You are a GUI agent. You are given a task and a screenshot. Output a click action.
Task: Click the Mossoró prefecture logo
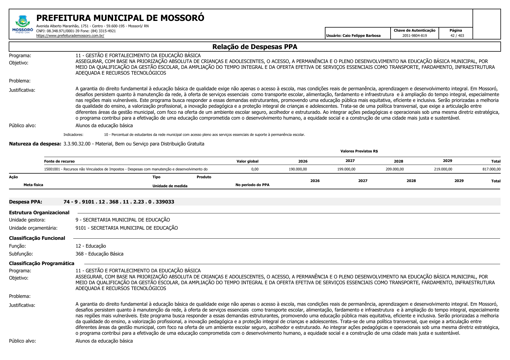(x=23, y=24)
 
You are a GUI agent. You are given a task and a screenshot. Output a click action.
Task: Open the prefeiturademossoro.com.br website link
(x=70, y=36)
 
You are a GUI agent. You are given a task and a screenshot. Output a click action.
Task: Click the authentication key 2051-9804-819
(x=414, y=36)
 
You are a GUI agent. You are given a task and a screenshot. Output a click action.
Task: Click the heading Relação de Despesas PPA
(x=255, y=47)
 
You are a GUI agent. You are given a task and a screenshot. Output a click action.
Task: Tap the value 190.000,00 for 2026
(x=298, y=169)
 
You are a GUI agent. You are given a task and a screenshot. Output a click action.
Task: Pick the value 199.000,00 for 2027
(x=346, y=169)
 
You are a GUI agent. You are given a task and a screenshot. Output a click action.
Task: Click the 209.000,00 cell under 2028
(x=394, y=169)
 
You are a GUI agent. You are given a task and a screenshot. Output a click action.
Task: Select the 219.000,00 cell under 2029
(x=443, y=169)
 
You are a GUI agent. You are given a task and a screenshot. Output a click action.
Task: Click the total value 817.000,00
(x=491, y=169)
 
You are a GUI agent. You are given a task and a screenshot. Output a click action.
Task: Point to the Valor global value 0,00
(x=255, y=169)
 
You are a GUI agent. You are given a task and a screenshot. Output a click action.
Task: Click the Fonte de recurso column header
(x=59, y=161)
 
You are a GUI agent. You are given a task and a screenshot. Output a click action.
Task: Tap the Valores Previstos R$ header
(x=359, y=151)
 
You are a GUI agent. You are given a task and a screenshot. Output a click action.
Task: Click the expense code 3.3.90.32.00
(x=77, y=144)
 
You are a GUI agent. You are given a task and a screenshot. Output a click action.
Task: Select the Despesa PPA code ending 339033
(x=119, y=202)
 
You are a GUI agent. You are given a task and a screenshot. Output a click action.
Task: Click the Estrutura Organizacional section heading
(x=39, y=213)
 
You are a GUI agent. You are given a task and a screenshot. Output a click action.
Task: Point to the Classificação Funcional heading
(x=37, y=238)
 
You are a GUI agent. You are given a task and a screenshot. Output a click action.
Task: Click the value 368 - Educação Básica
(x=99, y=254)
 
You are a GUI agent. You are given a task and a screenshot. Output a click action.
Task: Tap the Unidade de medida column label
(x=170, y=186)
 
